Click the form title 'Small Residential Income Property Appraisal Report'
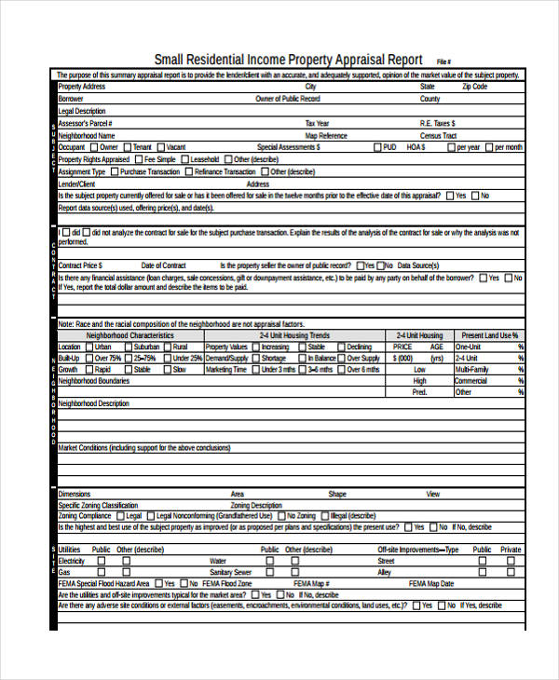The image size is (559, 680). (288, 58)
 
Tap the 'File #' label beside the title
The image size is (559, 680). (443, 61)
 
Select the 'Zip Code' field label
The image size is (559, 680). (474, 87)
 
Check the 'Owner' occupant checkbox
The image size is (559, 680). (93, 147)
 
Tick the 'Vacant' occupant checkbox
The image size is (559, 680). (160, 147)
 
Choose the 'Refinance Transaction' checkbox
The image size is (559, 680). (188, 171)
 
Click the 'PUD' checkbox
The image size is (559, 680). (376, 147)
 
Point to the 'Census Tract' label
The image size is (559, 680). (438, 135)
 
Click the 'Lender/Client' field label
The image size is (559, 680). (76, 184)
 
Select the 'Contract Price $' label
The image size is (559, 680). (80, 265)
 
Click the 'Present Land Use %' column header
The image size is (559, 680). (489, 335)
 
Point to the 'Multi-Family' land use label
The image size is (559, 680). (472, 370)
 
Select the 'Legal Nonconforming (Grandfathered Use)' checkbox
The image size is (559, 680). (150, 516)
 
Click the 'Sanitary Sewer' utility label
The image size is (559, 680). (230, 572)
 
